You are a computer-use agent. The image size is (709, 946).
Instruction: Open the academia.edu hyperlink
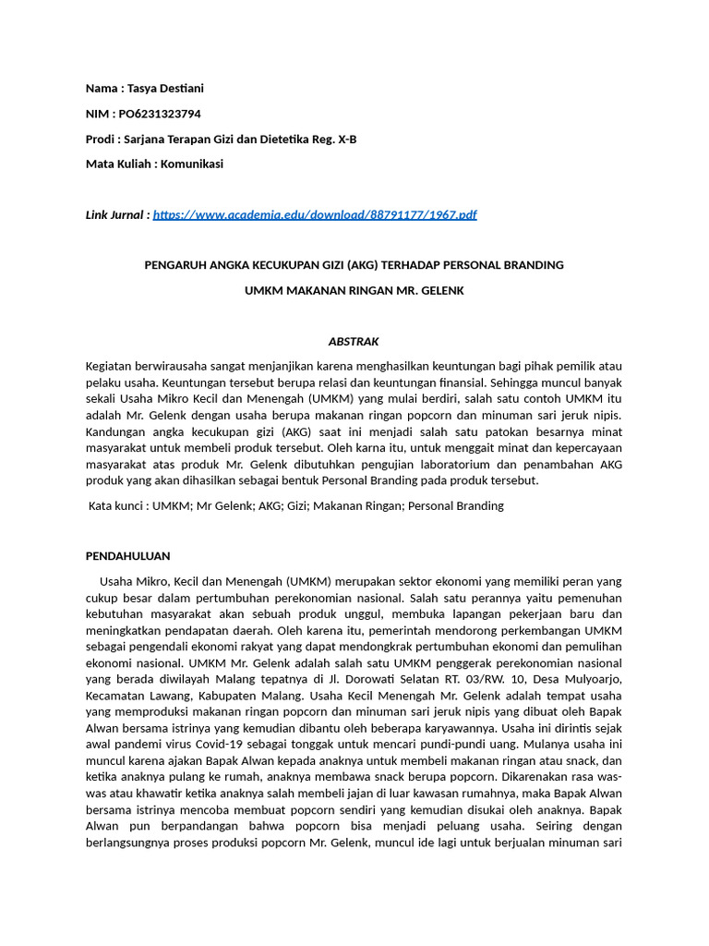(315, 215)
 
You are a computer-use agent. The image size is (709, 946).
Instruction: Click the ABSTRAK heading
(354, 341)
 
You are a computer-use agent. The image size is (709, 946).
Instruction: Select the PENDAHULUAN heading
(127, 556)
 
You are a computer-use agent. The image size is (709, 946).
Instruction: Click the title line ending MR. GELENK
(354, 290)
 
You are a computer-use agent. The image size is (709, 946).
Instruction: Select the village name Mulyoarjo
(583, 680)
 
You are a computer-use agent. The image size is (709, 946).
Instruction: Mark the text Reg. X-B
(335, 139)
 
